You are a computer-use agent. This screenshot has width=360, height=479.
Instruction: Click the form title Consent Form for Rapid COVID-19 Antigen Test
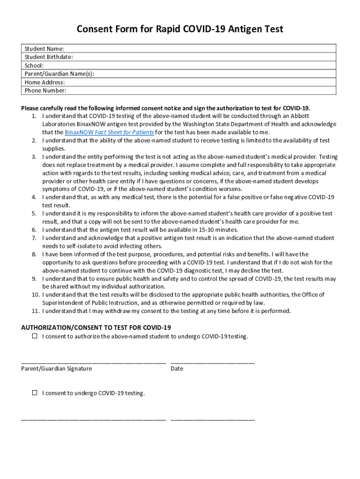(180, 29)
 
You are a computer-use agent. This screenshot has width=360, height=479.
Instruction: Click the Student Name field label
(44, 49)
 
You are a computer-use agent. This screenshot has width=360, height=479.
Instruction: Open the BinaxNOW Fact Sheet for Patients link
(109, 132)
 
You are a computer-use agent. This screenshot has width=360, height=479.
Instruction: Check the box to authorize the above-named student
(35, 336)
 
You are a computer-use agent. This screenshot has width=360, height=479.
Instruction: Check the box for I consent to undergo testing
(35, 393)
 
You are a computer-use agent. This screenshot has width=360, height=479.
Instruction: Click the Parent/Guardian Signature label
(57, 369)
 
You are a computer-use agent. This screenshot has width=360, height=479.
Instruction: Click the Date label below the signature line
(177, 369)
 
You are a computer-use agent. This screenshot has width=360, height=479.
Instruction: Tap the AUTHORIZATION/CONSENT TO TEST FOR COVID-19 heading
(96, 327)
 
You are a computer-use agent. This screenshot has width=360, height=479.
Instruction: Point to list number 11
(35, 311)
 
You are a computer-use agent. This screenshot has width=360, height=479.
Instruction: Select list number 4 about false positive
(34, 197)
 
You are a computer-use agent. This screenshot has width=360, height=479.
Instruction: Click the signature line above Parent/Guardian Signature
(94, 362)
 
